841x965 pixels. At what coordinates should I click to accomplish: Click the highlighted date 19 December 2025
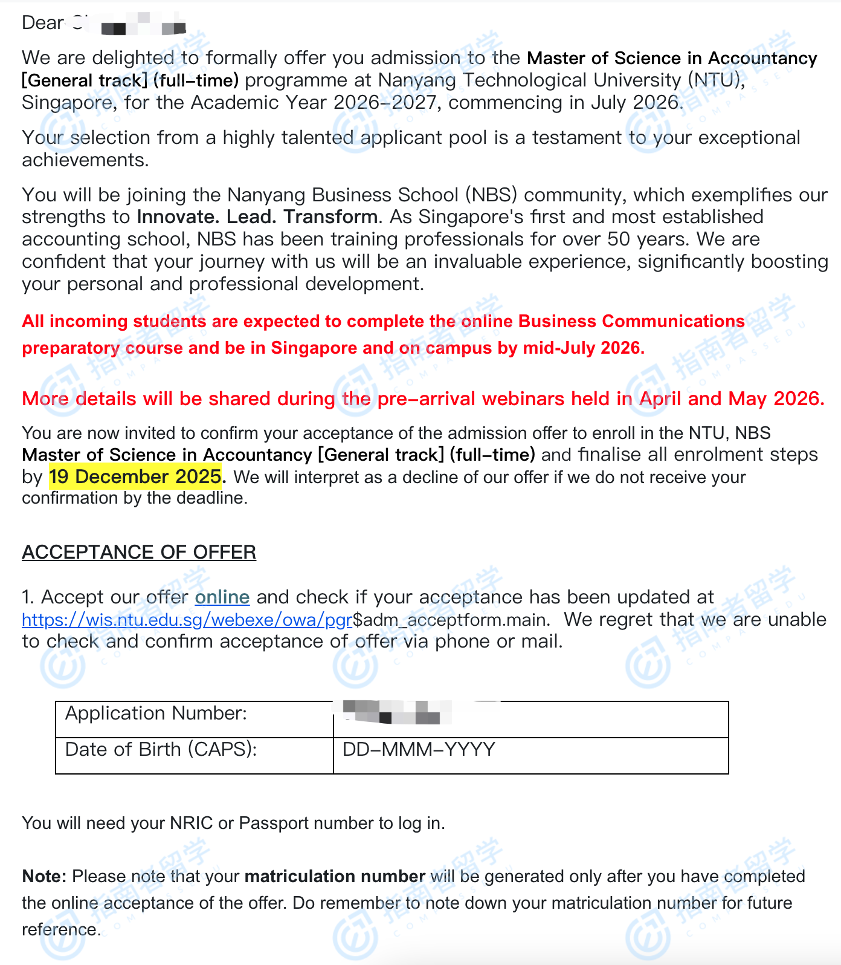click(135, 476)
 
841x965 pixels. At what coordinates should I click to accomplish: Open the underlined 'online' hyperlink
click(222, 597)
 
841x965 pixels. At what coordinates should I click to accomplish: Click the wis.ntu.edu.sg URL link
click(187, 620)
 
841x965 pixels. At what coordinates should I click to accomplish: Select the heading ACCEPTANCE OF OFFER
click(139, 552)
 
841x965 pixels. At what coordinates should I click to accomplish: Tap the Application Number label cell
click(156, 713)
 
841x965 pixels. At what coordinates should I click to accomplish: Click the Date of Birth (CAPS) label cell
click(161, 750)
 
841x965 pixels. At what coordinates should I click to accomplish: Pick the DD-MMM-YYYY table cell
click(419, 750)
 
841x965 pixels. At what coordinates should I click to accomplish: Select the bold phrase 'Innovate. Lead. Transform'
click(257, 216)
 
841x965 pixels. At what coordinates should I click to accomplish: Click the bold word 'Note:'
click(44, 876)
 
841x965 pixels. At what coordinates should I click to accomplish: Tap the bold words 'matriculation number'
click(335, 876)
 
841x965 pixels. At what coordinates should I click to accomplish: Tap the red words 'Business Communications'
click(631, 321)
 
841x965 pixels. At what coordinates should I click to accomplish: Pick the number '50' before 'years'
click(619, 239)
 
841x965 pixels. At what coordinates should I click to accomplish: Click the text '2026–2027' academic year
click(385, 102)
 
